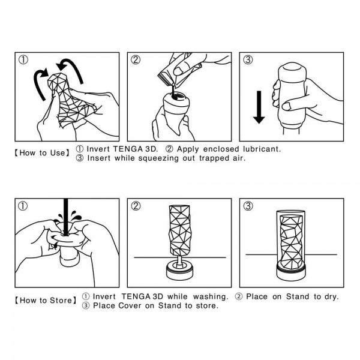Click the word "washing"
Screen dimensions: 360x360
[x=209, y=296]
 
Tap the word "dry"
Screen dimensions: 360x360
[x=331, y=296]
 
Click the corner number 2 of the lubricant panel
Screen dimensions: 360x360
[x=136, y=59]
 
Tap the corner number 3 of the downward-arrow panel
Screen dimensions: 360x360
[x=247, y=59]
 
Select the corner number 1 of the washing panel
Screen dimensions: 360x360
[x=23, y=206]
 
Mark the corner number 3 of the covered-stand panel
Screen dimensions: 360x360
[x=247, y=206]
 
